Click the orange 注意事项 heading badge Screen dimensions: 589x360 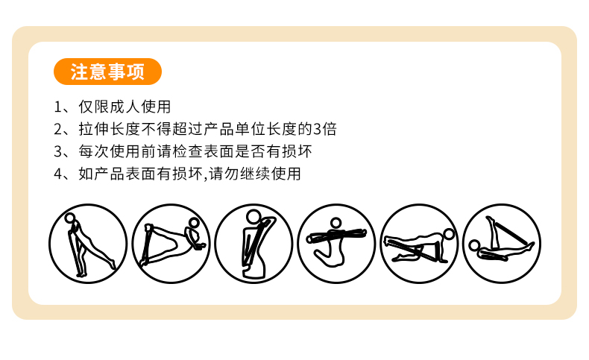pyautogui.click(x=107, y=72)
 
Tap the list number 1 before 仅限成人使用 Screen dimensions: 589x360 pyautogui.click(x=58, y=107)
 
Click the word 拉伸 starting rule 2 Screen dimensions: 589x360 pyautogui.click(x=94, y=129)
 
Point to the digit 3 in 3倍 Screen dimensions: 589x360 pyautogui.click(x=318, y=129)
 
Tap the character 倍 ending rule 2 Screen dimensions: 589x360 pyautogui.click(x=330, y=129)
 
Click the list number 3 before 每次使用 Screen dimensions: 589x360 pyautogui.click(x=58, y=151)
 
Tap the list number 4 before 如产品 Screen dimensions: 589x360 pyautogui.click(x=58, y=174)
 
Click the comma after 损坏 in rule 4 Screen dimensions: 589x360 pyautogui.click(x=206, y=178)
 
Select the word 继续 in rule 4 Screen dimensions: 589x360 pyautogui.click(x=255, y=174)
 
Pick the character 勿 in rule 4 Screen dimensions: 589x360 pyautogui.click(x=232, y=174)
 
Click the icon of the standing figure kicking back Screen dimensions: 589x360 pyautogui.click(x=88, y=244)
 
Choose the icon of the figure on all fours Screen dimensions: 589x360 pyautogui.click(x=420, y=244)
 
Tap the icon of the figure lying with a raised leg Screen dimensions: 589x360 pyautogui.click(x=503, y=244)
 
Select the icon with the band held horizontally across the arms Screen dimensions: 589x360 pyautogui.click(x=336, y=244)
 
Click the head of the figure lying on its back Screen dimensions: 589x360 pyautogui.click(x=474, y=245)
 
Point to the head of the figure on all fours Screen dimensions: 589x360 pyautogui.click(x=449, y=235)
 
